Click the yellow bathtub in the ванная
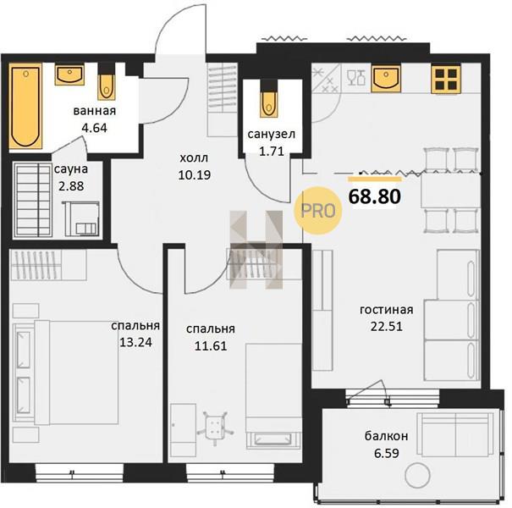[25, 107]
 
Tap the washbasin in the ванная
[69, 75]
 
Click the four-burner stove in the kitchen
[446, 80]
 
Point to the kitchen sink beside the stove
[386, 79]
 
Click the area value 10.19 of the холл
[195, 175]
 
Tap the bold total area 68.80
[375, 196]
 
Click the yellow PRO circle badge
[317, 211]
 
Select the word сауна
[71, 169]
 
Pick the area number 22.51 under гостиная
[386, 326]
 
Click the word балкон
[386, 436]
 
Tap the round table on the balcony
[417, 475]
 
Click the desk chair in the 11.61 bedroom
[215, 427]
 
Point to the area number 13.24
[135, 342]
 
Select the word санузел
[272, 134]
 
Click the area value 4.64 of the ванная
[95, 128]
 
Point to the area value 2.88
[71, 186]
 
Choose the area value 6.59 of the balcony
[386, 454]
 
